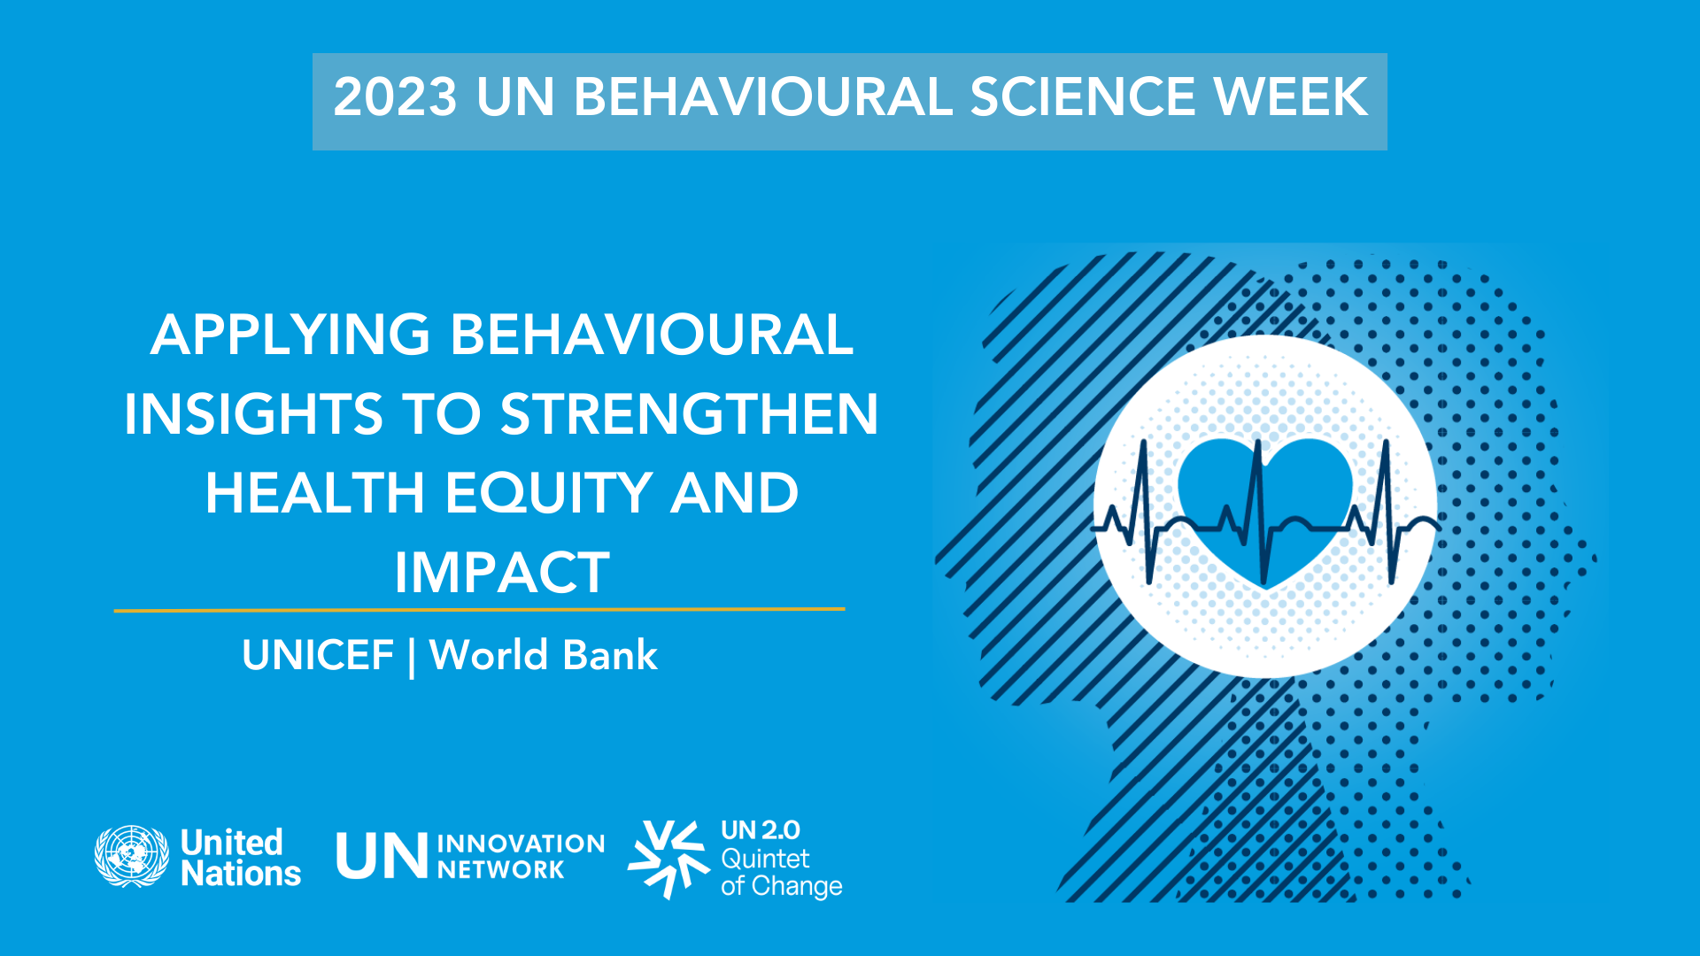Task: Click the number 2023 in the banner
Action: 396,96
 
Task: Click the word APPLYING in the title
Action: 290,335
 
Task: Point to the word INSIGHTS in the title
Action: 253,414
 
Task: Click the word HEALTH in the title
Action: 315,493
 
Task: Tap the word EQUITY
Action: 548,493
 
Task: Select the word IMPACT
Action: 502,573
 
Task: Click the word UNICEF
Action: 318,656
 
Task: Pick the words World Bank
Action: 544,656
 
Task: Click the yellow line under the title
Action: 480,610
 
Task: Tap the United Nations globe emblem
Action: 132,857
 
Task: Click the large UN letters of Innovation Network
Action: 382,856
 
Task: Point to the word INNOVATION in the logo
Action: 521,844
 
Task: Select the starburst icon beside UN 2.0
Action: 668,859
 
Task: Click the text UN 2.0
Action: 761,830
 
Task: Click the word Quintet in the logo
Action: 765,859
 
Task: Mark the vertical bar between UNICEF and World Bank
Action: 412,658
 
